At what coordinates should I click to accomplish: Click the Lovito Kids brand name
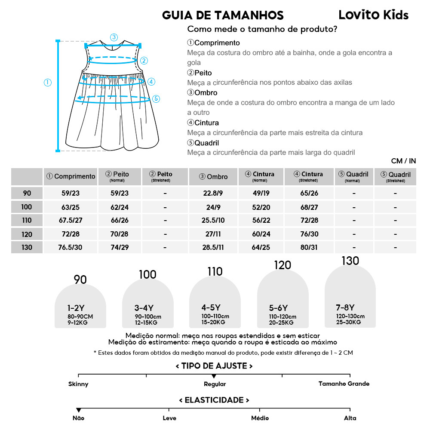tap(373, 15)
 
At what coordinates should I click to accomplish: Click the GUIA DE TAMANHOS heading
tap(223, 15)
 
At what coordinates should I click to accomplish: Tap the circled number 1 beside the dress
tap(47, 82)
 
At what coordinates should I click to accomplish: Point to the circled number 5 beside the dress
tap(156, 98)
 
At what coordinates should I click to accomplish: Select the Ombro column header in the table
tap(213, 177)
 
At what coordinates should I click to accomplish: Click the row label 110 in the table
tap(27, 221)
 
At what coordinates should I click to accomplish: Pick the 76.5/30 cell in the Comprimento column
tap(70, 248)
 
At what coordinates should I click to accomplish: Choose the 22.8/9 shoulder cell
tap(213, 193)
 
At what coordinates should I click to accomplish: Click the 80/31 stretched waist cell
tap(309, 248)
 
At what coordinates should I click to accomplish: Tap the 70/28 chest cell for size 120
tap(120, 234)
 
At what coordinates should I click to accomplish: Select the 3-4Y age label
tap(144, 308)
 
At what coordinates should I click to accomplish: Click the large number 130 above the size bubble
tap(350, 261)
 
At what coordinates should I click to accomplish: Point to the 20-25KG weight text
tap(281, 322)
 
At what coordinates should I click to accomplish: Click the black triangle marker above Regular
tap(214, 376)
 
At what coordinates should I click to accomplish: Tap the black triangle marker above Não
tap(78, 410)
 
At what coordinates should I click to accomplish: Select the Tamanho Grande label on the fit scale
tap(344, 384)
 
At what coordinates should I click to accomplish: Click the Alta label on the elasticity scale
tap(350, 418)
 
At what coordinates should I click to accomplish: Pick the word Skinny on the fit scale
tap(78, 384)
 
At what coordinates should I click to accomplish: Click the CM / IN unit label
tap(403, 161)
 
